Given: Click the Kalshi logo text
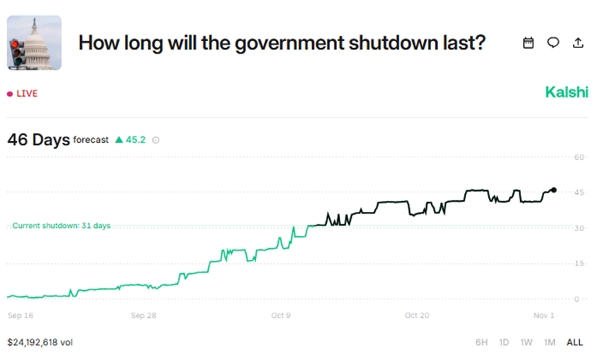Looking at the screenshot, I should click(567, 92).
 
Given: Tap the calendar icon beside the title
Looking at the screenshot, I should click(529, 43).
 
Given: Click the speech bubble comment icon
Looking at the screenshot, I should click(553, 43).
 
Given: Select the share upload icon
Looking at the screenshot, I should click(578, 43).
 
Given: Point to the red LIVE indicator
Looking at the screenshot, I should click(23, 94).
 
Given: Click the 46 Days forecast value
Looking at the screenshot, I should click(38, 140).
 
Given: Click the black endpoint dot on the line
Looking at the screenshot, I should click(554, 190).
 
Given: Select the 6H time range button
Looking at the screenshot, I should click(482, 342).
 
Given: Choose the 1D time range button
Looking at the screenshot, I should click(504, 342).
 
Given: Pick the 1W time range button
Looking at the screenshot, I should click(526, 342).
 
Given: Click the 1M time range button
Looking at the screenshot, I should click(550, 342).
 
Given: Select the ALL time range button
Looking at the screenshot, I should click(574, 342).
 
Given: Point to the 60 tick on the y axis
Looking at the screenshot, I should click(578, 157).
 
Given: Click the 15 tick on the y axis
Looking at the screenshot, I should click(578, 263).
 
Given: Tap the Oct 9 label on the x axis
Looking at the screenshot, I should click(281, 316).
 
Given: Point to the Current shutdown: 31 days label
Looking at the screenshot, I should click(61, 226).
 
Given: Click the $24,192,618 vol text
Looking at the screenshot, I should click(40, 341).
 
